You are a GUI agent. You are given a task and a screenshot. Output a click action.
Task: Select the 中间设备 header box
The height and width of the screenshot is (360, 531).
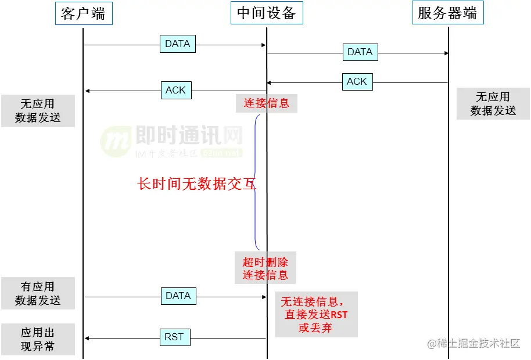(267, 13)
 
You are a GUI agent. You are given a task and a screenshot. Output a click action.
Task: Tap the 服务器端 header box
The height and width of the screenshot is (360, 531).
(447, 13)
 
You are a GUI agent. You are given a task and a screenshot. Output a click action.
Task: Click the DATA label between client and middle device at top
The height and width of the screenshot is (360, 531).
(178, 44)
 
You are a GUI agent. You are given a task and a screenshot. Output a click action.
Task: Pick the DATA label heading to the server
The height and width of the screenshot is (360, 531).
(360, 52)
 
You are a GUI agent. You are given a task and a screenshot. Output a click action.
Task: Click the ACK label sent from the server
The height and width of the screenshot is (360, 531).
(357, 82)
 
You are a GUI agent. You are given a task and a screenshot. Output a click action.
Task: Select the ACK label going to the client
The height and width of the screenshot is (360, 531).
(175, 90)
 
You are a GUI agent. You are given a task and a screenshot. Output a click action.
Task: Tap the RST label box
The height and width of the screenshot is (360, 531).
(174, 337)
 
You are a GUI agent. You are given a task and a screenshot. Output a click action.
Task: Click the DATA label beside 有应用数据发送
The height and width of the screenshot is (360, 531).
(178, 296)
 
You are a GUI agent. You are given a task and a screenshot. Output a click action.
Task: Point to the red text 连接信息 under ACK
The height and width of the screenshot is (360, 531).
(266, 103)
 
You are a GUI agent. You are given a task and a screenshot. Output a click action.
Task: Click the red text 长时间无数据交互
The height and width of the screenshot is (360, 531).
(196, 184)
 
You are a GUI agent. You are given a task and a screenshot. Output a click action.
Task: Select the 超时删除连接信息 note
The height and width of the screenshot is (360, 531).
(265, 267)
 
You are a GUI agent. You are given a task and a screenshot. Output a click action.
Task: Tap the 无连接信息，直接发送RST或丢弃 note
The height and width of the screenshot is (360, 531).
(316, 314)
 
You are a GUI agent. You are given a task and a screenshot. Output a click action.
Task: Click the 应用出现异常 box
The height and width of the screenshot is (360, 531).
(38, 339)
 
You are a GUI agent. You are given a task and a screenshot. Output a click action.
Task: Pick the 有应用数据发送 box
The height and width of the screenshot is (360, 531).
(38, 293)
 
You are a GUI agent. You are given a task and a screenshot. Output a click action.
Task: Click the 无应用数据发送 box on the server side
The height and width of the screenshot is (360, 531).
(493, 103)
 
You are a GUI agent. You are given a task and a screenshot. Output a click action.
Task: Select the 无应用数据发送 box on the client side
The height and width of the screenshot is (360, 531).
(38, 110)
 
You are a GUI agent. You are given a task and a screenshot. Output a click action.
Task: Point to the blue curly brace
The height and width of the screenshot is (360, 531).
(257, 182)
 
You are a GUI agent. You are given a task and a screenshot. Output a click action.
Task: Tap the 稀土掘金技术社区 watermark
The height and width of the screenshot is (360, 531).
(474, 344)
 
